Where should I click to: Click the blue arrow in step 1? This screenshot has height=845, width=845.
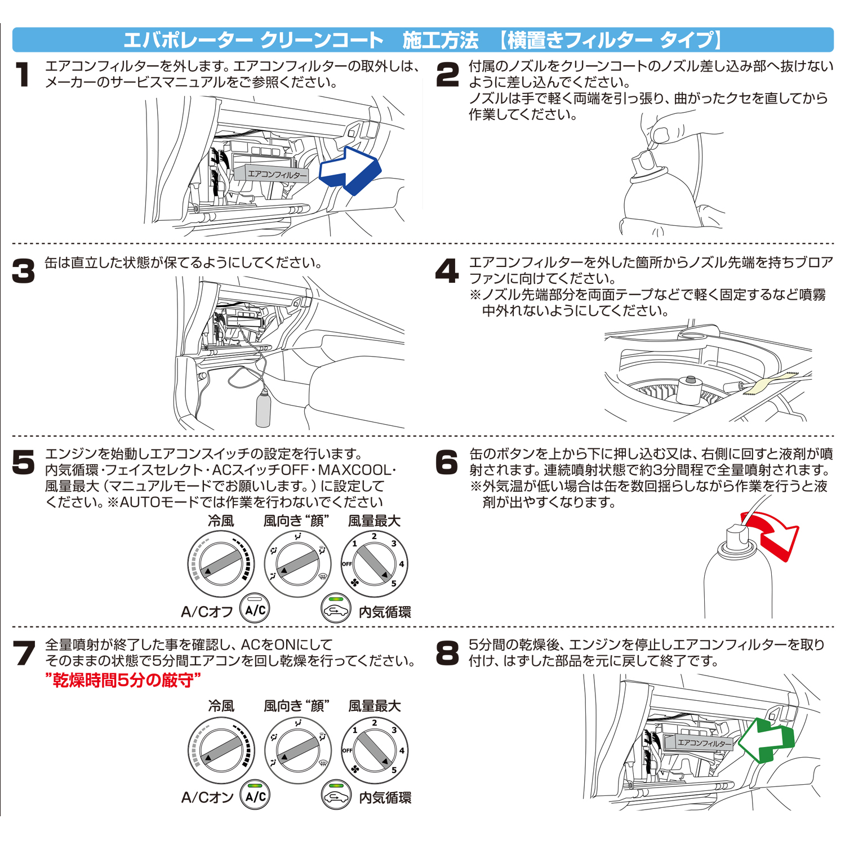click(350, 170)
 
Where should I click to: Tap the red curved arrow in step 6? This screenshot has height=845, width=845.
click(773, 532)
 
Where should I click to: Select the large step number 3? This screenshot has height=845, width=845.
click(24, 272)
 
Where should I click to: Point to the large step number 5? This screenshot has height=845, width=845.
click(24, 462)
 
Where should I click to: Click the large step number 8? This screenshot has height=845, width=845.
click(447, 653)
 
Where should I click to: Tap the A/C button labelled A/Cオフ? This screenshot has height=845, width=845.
click(255, 610)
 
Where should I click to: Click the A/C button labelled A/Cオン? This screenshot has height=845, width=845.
click(255, 796)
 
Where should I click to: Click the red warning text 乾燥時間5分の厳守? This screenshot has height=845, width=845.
click(123, 681)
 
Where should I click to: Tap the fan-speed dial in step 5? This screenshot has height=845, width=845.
click(373, 564)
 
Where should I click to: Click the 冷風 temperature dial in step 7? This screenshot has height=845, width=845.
click(221, 750)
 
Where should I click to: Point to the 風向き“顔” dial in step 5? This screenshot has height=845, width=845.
click(297, 564)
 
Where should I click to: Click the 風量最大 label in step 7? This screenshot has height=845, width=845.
click(374, 706)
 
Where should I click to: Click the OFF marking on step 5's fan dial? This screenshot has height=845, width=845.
click(347, 564)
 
